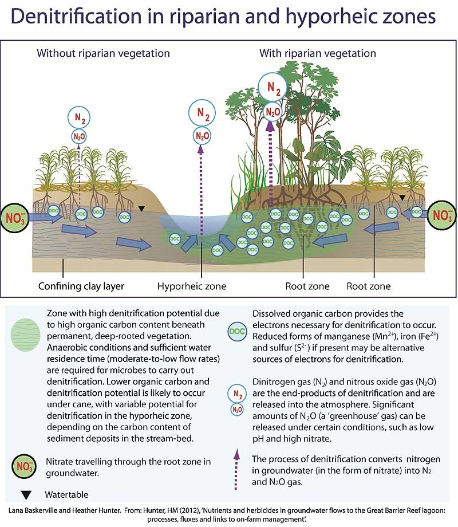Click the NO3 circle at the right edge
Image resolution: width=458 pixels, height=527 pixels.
pyautogui.click(x=442, y=216)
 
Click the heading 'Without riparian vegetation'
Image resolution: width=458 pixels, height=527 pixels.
pyautogui.click(x=103, y=53)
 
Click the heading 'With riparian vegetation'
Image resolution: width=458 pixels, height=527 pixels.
pyautogui.click(x=318, y=53)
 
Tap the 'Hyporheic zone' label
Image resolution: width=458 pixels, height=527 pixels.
pyautogui.click(x=192, y=286)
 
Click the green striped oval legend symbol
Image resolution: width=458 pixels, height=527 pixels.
pyautogui.click(x=25, y=336)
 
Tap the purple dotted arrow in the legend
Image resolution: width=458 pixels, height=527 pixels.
pyautogui.click(x=236, y=470)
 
